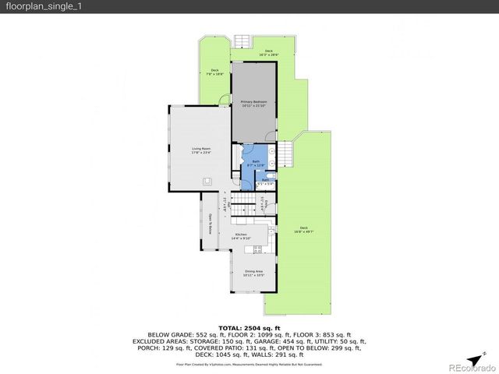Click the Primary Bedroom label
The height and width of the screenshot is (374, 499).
coord(253,104)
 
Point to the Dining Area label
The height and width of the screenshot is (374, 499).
coord(253,273)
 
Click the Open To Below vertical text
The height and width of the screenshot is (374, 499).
coord(211,225)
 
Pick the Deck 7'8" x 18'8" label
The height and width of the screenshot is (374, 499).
coord(214,72)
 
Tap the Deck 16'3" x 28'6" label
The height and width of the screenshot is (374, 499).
coord(268,53)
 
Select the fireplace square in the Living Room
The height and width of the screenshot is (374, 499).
coord(207,181)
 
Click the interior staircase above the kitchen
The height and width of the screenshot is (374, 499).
coord(248,206)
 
